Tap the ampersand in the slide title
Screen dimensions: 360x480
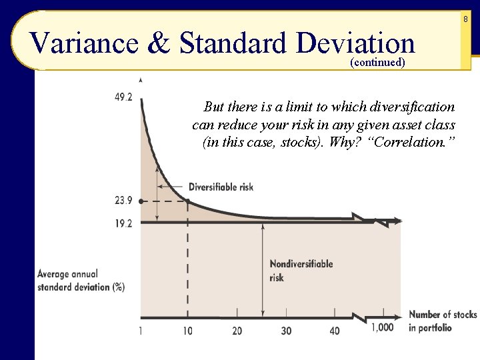click(159, 43)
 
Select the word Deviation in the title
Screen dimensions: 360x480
click(357, 43)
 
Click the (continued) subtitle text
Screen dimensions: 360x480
click(377, 63)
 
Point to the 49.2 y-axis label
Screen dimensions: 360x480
click(123, 97)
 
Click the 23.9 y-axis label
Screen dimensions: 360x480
click(123, 200)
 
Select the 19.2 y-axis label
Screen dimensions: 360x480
click(123, 224)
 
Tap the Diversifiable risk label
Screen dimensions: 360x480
click(221, 187)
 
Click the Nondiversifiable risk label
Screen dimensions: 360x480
click(301, 270)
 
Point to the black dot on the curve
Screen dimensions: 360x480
click(188, 201)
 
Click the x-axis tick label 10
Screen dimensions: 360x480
click(188, 331)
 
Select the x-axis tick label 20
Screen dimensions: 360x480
click(237, 331)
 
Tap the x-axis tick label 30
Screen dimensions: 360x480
click(286, 331)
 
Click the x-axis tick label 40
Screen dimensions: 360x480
click(335, 331)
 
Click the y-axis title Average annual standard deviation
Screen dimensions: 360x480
click(81, 280)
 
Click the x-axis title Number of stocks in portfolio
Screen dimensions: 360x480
click(442, 321)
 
